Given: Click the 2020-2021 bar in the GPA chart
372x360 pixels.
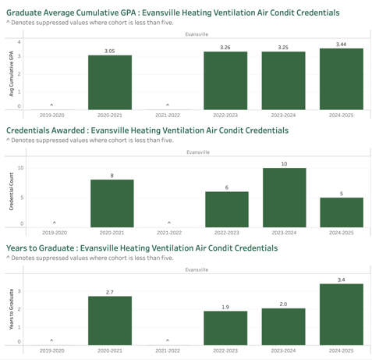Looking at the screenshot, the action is point(110,82).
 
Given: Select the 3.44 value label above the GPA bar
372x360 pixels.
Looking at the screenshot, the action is point(341,45).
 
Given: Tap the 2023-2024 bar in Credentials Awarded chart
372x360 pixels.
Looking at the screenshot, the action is point(285,198).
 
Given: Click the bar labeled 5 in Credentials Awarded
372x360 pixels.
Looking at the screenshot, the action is point(342,212).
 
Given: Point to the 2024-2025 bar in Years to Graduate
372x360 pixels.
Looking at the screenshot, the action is point(342,315).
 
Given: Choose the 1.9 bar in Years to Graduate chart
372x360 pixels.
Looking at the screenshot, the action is point(225,328).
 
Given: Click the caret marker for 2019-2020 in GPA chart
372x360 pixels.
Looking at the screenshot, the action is point(51,105).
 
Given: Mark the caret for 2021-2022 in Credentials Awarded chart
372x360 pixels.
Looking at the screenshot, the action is point(169,223).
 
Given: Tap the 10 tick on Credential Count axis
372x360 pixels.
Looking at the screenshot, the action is point(20,168).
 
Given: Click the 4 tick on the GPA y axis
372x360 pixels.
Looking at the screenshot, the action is point(19,42).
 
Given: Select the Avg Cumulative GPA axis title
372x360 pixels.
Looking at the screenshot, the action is point(11,73).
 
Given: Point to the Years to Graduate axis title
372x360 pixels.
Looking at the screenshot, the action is point(11,309).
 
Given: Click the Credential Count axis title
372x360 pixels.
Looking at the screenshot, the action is point(11,191).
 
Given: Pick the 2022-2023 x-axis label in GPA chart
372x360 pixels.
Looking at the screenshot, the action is point(225,115).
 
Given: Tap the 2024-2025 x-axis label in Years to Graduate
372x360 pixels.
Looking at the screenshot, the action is point(342,351).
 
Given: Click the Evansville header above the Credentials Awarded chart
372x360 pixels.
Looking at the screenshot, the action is point(198,152).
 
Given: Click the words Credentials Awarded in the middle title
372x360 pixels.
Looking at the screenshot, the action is point(46,130).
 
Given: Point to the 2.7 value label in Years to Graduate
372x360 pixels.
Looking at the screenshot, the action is point(110,292).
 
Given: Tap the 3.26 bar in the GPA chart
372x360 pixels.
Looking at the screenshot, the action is point(225,80).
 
